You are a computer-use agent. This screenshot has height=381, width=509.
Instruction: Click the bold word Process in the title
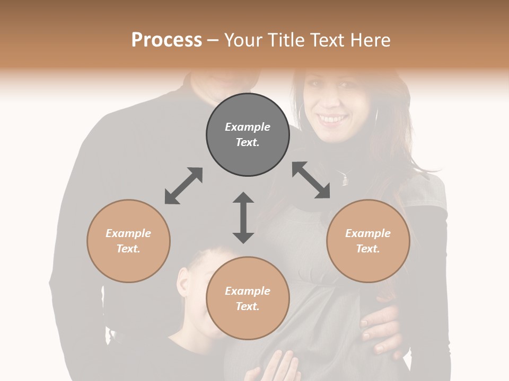pos(166,40)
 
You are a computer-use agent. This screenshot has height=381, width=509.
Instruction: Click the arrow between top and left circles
pos(183,186)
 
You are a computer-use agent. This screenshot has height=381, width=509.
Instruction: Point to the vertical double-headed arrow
pos(243,217)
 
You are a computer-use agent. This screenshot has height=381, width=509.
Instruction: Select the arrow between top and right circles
pos(311,180)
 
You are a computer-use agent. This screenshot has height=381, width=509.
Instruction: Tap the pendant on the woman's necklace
pos(345,180)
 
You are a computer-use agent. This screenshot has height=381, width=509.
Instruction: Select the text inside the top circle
pos(248,134)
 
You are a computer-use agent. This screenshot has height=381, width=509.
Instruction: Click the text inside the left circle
pos(128,241)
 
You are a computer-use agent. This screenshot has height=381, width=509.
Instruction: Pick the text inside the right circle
pos(368,241)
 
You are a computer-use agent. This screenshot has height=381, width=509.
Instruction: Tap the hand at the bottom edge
pos(279,368)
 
